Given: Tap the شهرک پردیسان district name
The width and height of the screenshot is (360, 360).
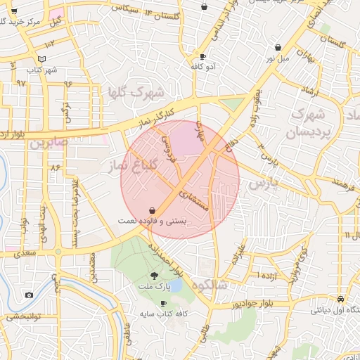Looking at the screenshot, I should pos(307,122).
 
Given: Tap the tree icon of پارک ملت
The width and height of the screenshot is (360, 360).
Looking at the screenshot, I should pos(155,276).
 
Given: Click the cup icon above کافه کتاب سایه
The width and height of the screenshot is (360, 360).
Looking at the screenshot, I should pos(164,304).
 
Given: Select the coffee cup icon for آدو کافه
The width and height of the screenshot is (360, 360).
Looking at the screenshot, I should pos(203,56).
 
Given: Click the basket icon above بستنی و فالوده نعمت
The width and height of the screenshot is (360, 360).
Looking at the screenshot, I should pos(152,210).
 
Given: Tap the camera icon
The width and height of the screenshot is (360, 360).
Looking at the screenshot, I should pos(29,295).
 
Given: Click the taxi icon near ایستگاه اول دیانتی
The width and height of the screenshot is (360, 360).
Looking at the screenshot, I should pos(340,298).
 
